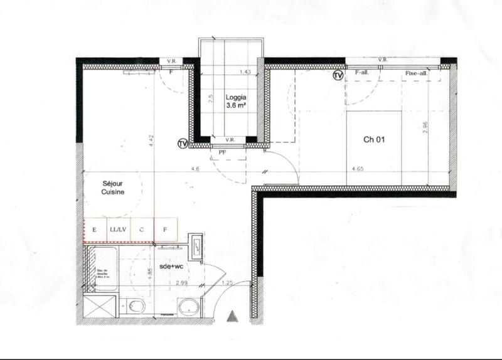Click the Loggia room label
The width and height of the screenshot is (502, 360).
point(235,98)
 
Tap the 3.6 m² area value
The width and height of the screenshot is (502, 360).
point(235,107)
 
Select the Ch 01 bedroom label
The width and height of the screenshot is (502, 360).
point(374,140)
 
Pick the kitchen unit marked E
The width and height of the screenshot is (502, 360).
point(95,229)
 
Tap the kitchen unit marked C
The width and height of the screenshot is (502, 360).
point(142,229)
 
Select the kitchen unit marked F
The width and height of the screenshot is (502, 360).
point(166,229)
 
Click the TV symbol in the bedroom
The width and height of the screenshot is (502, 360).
point(338,76)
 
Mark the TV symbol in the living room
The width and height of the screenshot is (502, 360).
point(183,144)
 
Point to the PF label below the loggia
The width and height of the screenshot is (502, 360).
point(222,152)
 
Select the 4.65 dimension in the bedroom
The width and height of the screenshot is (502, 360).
point(359,169)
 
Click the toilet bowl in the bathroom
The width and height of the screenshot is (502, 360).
point(136,306)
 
